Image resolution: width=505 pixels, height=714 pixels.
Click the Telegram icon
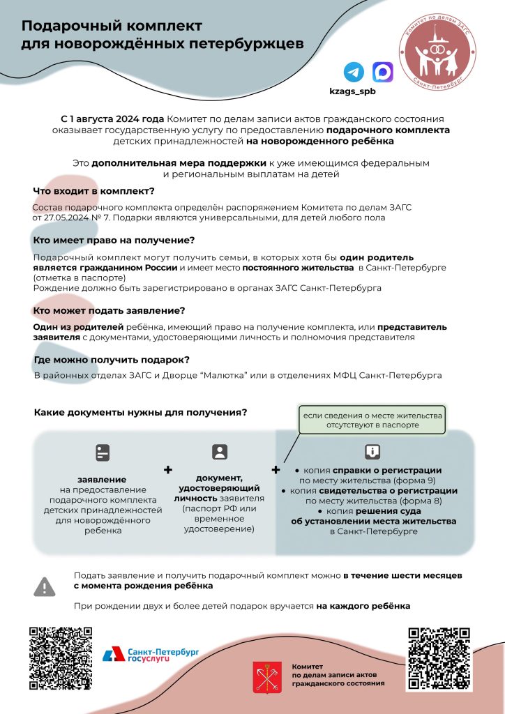(354, 73)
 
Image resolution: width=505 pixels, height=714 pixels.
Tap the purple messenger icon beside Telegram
(382, 73)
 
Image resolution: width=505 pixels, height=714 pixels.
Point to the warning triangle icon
(45, 586)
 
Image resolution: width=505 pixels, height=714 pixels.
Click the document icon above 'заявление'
(103, 453)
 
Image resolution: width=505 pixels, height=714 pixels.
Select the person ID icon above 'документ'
(220, 452)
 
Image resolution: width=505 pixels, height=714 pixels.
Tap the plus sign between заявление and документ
(167, 471)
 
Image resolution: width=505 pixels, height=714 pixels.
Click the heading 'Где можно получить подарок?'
(112, 360)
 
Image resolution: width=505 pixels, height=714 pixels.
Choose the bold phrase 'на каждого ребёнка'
(363, 606)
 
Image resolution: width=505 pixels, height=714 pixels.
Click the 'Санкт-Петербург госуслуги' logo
(151, 653)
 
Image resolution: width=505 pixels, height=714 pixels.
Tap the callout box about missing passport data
(371, 420)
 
